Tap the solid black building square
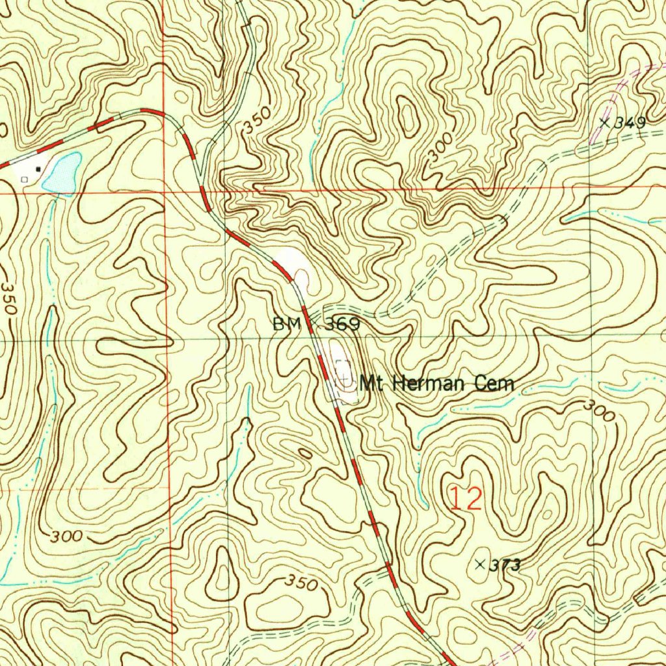pyautogui.click(x=38, y=168)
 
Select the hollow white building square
pyautogui.click(x=25, y=178)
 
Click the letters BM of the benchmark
pyautogui.click(x=287, y=324)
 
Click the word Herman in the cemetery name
pyautogui.click(x=423, y=383)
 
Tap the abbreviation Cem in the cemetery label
pyautogui.click(x=494, y=383)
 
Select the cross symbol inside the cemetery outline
pyautogui.click(x=342, y=376)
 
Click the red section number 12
pyautogui.click(x=466, y=499)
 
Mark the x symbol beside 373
pyautogui.click(x=481, y=564)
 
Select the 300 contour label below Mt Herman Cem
pyautogui.click(x=598, y=410)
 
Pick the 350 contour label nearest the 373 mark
pyautogui.click(x=301, y=583)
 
